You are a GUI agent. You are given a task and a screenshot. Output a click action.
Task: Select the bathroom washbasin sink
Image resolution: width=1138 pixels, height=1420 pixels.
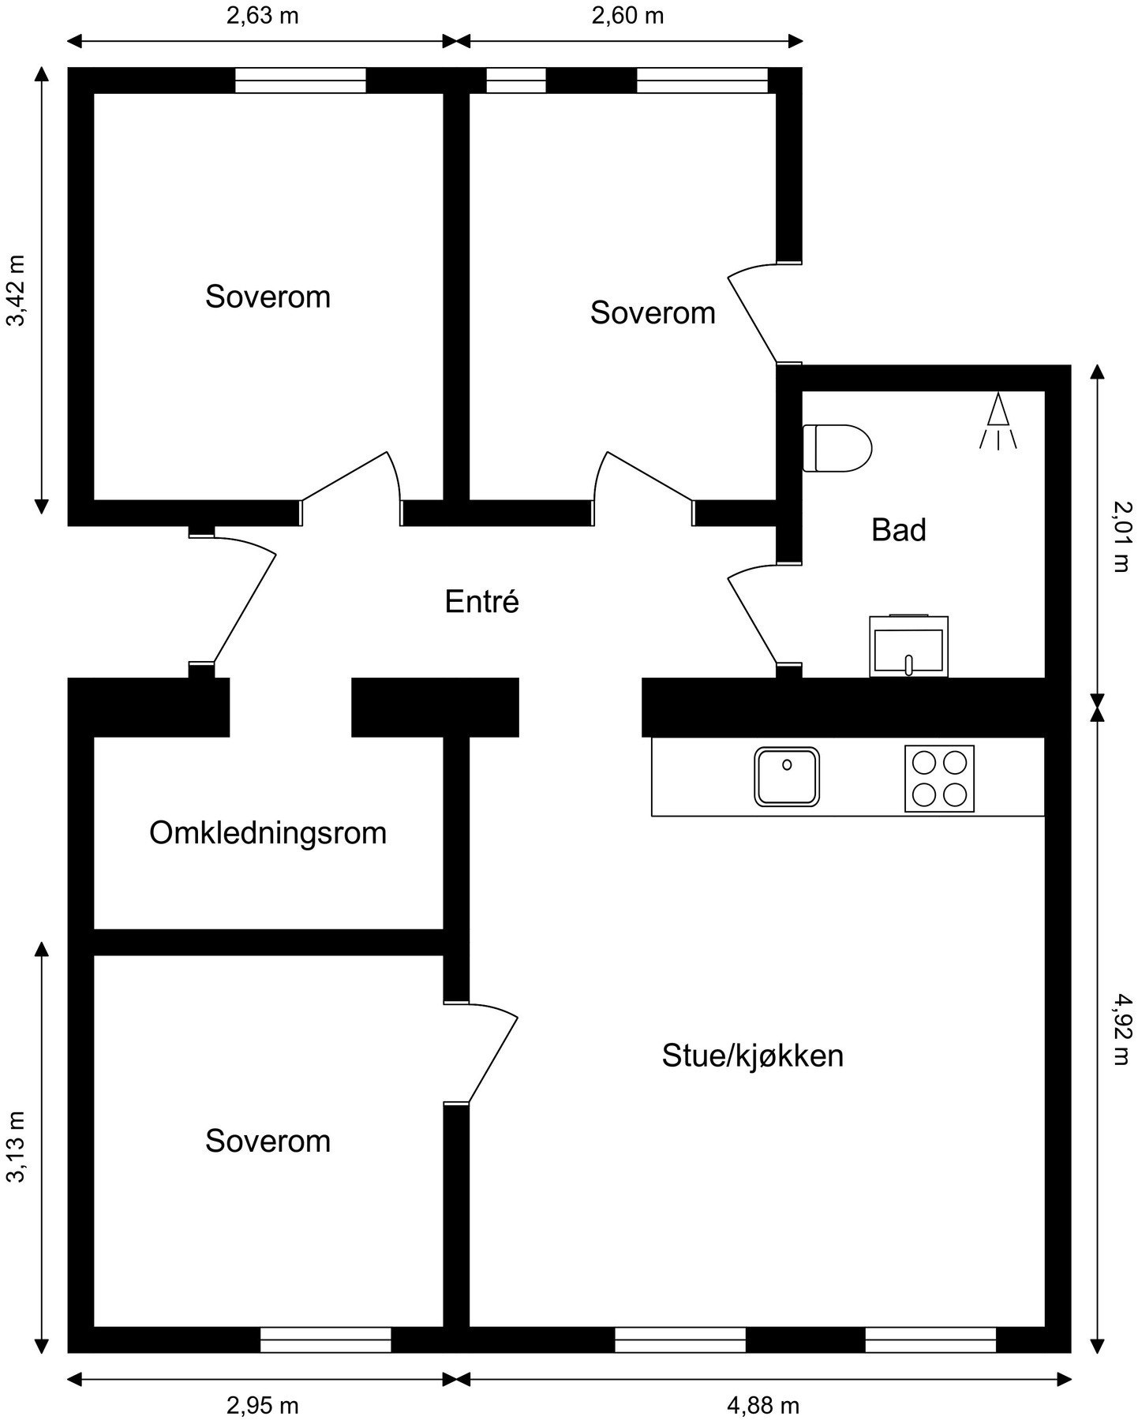point(908,646)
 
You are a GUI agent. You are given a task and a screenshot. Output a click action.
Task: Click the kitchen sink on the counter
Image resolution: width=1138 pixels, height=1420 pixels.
point(787,777)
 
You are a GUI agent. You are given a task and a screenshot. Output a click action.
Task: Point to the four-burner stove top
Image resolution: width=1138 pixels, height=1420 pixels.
point(939,778)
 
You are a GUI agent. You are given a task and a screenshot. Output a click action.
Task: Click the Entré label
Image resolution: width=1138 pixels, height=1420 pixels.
point(481,602)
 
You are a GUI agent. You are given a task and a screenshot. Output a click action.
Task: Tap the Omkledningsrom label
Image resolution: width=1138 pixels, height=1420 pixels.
point(268,833)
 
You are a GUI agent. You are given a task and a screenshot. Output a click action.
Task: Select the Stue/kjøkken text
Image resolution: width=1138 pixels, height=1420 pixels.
point(752,1056)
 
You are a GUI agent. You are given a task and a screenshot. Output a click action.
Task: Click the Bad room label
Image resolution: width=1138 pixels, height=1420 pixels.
point(898,530)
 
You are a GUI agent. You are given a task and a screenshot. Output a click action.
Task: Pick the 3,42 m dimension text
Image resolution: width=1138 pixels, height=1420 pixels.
point(17,290)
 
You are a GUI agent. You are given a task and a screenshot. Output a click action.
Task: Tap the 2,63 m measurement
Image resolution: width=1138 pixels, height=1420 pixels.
point(262,16)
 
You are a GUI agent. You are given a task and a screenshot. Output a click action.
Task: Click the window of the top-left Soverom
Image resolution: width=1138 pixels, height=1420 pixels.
point(300,80)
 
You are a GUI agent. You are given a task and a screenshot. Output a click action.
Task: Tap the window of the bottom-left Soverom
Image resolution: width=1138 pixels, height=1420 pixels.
point(325,1340)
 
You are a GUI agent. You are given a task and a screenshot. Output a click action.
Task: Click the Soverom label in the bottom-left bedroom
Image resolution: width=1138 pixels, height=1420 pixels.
point(268,1142)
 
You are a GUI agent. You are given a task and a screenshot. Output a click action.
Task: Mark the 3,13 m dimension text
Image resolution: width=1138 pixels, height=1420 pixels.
point(17,1148)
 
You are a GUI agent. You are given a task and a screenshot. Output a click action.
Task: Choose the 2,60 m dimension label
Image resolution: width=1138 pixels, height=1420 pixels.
point(627,16)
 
